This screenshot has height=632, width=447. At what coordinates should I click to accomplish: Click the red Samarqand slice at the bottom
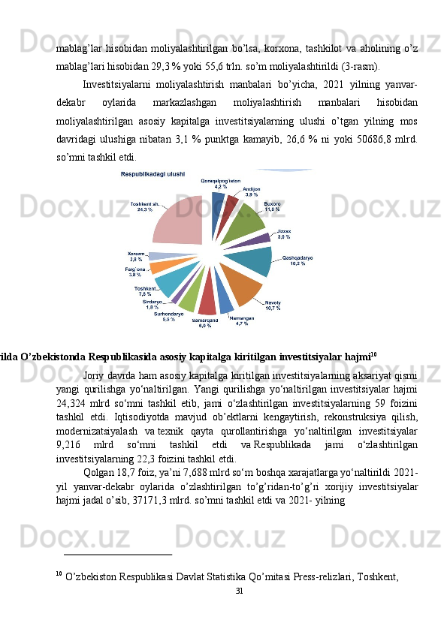[x=207, y=300]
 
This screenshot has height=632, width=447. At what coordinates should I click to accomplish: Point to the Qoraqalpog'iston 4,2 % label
[x=220, y=183]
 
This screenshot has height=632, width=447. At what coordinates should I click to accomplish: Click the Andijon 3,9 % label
[x=252, y=191]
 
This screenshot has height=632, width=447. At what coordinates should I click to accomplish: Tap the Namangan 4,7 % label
[x=241, y=321]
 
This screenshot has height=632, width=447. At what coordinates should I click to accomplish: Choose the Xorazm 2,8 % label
[x=136, y=256]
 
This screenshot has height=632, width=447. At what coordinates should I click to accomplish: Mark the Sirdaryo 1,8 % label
[x=152, y=304]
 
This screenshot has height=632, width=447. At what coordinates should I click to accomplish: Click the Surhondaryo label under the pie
[x=169, y=316]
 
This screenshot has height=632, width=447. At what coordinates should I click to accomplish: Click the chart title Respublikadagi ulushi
[x=153, y=174]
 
